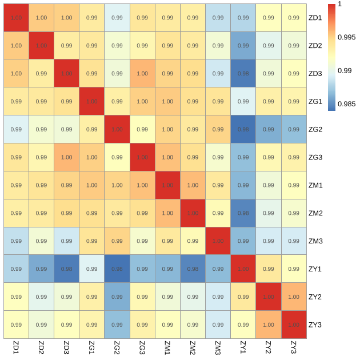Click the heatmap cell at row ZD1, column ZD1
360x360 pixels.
16,18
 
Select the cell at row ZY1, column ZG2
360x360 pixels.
117,269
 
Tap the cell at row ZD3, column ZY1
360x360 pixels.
243,73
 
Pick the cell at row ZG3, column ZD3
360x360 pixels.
66,157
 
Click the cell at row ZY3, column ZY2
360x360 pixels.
268,325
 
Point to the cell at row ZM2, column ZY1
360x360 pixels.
243,213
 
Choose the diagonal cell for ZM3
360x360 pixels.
218,241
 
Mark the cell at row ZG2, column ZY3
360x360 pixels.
293,129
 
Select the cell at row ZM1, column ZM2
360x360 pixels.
193,185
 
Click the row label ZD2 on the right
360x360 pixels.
315,46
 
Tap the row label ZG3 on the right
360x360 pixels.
315,157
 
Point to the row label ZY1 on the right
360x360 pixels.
315,269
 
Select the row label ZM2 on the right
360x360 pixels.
315,213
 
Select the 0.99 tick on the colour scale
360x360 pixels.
345,70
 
